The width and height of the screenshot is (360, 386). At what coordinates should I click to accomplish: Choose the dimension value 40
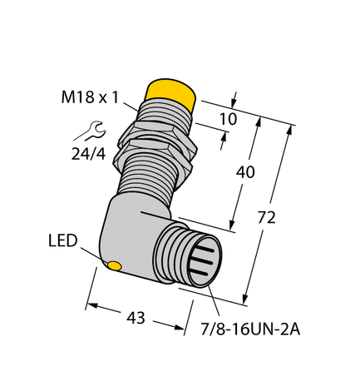244,172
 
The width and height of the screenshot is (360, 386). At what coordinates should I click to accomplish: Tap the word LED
62,241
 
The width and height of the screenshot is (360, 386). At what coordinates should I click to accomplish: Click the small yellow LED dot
115,266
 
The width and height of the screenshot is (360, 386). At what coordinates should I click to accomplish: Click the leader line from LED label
93,255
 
